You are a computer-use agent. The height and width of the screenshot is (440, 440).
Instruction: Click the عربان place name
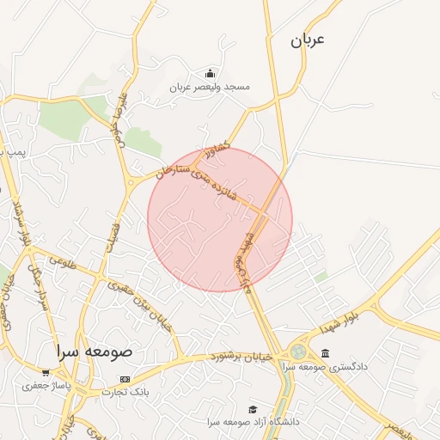309,40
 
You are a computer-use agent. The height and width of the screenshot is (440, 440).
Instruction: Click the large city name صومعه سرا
91,351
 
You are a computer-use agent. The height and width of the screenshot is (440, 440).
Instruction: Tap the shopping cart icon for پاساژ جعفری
46,373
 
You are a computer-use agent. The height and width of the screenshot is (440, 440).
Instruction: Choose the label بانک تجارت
125,392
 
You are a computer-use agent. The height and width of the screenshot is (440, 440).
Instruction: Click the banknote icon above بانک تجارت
125,379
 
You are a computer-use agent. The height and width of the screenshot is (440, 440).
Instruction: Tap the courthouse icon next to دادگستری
325,352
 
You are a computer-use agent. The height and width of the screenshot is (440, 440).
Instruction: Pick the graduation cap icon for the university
252,409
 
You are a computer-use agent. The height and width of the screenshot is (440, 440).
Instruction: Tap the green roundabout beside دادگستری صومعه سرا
297,351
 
